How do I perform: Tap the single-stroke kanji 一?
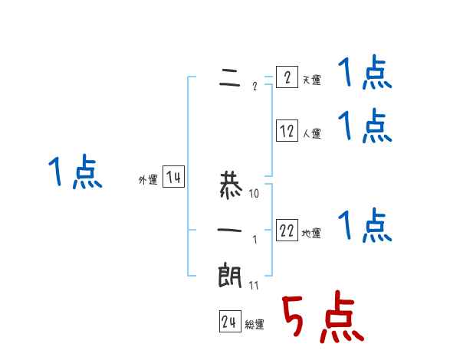[x=230, y=231]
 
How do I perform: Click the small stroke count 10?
[x=255, y=194]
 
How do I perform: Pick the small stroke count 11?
[x=255, y=286]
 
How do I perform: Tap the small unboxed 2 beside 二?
[x=255, y=86]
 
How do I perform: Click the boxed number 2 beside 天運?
[x=287, y=77]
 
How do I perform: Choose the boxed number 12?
[x=287, y=131]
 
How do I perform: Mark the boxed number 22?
[x=287, y=231]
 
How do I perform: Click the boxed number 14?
[x=173, y=178]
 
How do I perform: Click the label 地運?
[x=311, y=234]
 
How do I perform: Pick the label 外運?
[x=148, y=181]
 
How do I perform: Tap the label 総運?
[x=254, y=325]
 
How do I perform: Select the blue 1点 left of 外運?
[x=75, y=172]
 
